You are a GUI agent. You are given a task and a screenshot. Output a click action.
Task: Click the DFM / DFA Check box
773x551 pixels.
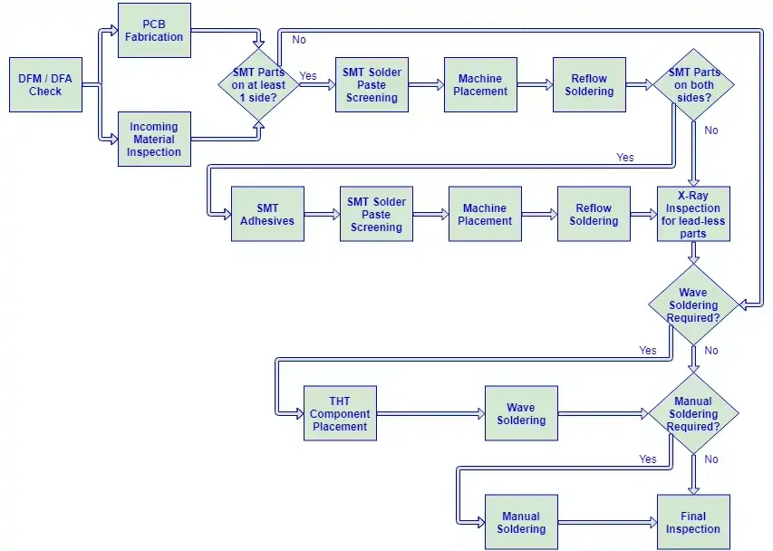[45, 85]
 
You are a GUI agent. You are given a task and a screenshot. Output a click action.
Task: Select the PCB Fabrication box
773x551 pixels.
[154, 31]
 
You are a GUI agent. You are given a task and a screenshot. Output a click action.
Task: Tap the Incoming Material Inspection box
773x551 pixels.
[154, 139]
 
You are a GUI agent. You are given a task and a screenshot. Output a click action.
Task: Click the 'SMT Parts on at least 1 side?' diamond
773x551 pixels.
[259, 85]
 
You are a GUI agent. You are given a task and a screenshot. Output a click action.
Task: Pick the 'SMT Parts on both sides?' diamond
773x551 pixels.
[693, 85]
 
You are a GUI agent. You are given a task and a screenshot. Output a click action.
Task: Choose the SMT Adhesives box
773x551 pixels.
[267, 214]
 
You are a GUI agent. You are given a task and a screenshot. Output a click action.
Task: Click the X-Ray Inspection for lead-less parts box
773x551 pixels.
[693, 214]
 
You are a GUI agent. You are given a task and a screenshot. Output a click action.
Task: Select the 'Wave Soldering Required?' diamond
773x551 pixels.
[693, 304]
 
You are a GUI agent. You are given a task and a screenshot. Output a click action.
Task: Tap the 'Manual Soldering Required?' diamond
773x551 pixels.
[693, 413]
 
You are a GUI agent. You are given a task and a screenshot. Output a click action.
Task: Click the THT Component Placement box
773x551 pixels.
[340, 413]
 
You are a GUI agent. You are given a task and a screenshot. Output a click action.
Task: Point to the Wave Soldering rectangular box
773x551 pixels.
[522, 413]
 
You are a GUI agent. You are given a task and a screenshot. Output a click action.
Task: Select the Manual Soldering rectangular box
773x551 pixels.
[522, 522]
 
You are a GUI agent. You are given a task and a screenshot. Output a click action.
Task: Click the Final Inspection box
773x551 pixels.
[693, 522]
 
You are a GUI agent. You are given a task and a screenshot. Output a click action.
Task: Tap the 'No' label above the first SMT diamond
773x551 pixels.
[299, 40]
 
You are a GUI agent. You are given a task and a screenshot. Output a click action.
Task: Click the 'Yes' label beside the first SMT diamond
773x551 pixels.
[308, 75]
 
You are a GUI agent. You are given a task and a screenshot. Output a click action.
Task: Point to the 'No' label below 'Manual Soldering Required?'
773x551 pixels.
[711, 459]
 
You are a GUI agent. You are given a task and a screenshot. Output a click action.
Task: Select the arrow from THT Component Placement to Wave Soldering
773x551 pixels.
[430, 413]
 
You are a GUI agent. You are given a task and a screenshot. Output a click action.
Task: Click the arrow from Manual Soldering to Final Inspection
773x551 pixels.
[607, 522]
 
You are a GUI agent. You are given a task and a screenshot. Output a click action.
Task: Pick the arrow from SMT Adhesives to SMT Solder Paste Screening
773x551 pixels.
[322, 214]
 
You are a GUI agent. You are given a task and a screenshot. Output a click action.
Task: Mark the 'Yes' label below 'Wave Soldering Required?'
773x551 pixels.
[648, 350]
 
